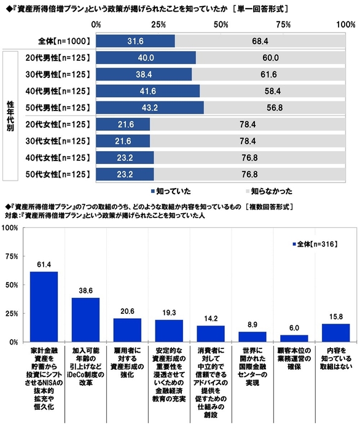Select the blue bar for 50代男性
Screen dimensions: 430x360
point(150,107)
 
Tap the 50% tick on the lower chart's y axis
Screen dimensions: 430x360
point(11,285)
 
